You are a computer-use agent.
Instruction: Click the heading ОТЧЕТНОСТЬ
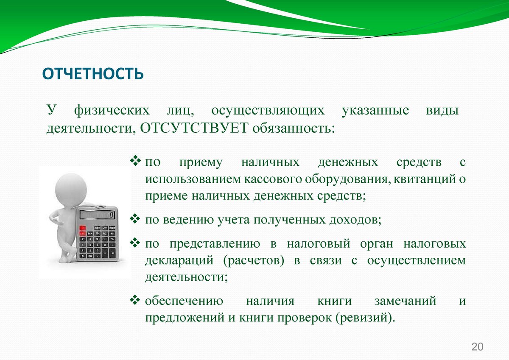coord(93,74)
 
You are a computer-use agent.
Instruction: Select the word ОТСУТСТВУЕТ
coord(194,128)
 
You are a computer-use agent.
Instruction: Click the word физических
coord(112,111)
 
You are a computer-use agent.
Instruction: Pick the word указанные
coord(375,111)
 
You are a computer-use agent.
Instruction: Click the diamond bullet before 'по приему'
coord(135,160)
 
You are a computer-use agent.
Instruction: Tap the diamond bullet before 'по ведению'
coord(135,218)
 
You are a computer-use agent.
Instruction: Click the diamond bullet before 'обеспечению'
coord(135,300)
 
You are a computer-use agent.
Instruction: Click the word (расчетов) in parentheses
coord(254,261)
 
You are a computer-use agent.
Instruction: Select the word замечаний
coord(405,301)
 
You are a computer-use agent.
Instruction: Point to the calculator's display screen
coord(98,215)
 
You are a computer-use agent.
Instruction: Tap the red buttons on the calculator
coord(82,231)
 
